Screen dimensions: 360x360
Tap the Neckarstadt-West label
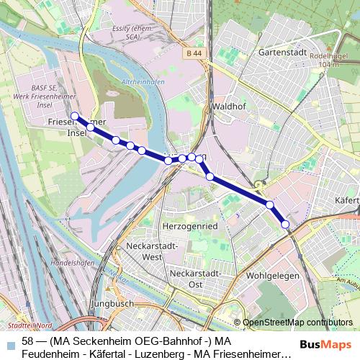(x=142, y=251)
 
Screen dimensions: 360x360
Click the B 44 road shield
(x=192, y=53)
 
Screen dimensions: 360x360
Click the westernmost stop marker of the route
(x=74, y=115)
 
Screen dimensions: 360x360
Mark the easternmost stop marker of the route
(x=285, y=225)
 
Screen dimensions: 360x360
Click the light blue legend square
(x=9, y=341)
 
